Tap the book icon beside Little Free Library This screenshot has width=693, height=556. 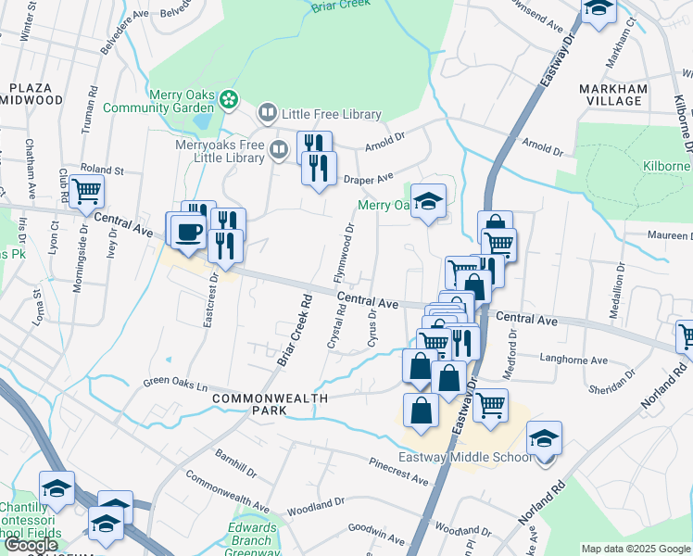(267, 114)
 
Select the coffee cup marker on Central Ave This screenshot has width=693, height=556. (188, 232)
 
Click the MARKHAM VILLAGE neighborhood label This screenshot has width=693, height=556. (611, 94)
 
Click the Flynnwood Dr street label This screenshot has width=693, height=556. (343, 253)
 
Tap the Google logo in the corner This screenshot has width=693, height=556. (31, 545)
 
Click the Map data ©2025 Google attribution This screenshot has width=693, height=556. (636, 549)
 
